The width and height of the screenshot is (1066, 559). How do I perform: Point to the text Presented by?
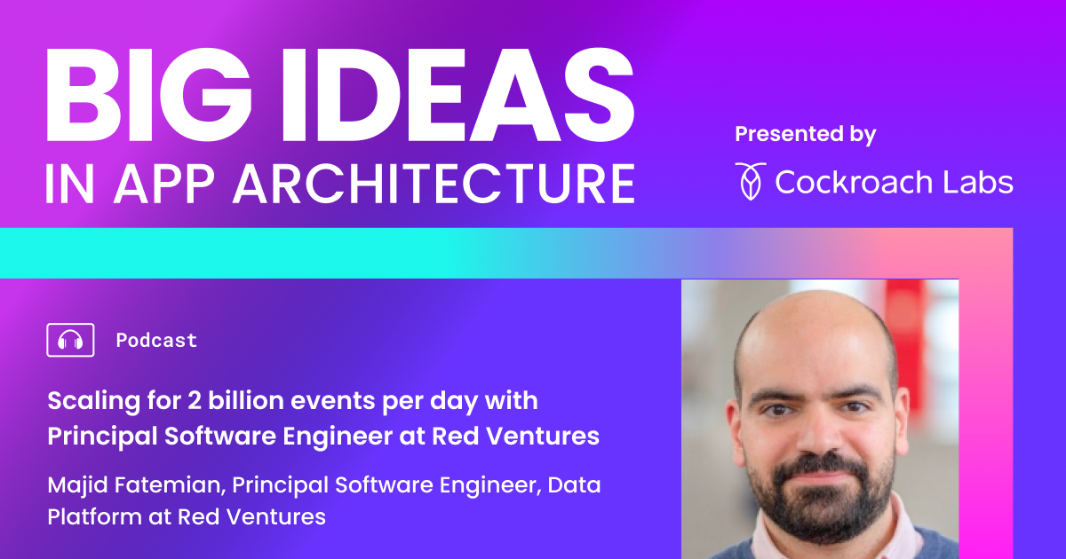805,135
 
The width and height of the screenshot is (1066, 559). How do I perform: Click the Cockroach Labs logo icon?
750,181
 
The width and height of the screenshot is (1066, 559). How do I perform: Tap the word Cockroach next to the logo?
858,182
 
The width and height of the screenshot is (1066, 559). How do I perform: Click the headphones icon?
70,340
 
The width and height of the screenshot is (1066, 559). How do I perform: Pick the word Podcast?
156,340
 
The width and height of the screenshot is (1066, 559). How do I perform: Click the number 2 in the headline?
196,401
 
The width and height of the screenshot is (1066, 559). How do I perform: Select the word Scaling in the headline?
91,401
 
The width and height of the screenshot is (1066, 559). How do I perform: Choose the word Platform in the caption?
87,516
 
